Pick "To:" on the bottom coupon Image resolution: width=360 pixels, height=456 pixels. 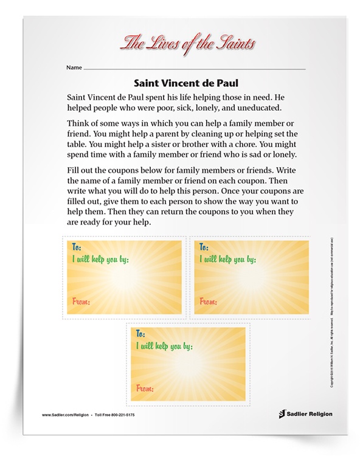point(141,334)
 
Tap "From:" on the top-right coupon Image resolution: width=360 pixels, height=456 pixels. point(209,301)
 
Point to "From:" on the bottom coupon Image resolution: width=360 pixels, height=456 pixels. point(145,388)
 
